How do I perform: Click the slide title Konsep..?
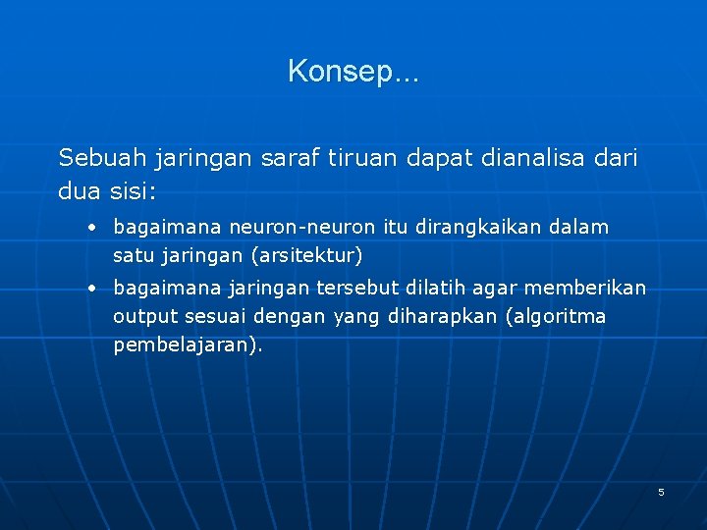353,71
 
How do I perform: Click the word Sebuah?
95,157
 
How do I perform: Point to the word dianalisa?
529,157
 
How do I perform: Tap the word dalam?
579,228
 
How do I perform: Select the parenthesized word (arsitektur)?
306,256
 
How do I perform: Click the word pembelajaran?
187,345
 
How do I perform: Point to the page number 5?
661,491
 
